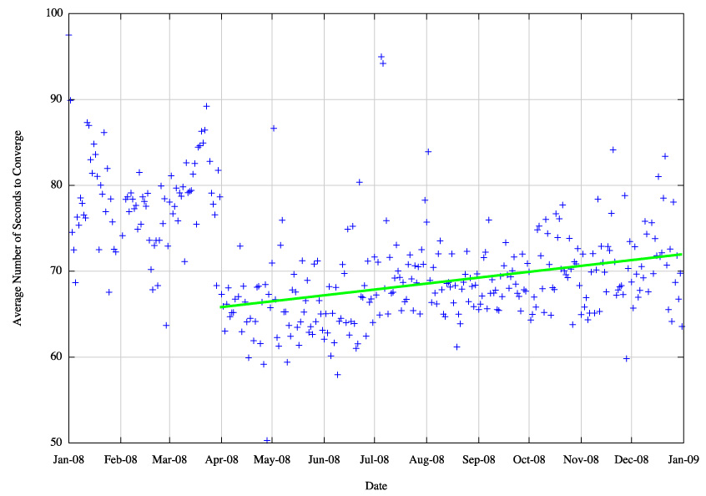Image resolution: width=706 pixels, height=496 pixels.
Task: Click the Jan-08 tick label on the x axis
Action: click(68, 458)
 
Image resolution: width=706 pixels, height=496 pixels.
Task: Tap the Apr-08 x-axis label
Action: click(221, 458)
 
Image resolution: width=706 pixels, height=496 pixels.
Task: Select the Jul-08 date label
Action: click(375, 458)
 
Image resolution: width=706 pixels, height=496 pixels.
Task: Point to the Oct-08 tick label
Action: click(529, 458)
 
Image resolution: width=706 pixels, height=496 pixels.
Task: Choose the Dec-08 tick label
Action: click(632, 458)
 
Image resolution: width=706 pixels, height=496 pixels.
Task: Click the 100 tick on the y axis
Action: click(53, 13)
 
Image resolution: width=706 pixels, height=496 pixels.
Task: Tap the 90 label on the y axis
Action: click(56, 99)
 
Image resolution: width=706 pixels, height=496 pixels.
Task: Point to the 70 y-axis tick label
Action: click(56, 271)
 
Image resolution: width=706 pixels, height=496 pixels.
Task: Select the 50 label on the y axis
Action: click(56, 443)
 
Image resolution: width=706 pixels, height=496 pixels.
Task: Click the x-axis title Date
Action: click(376, 485)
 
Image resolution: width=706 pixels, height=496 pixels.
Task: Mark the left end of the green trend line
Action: click(222, 307)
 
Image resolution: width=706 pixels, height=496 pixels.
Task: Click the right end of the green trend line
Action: click(683, 254)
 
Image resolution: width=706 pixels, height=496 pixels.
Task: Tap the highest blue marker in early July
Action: click(381, 57)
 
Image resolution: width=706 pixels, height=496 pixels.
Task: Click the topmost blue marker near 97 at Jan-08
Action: click(68, 35)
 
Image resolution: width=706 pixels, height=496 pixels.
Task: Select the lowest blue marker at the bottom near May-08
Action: click(267, 440)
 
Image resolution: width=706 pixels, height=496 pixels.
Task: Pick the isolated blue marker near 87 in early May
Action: click(273, 128)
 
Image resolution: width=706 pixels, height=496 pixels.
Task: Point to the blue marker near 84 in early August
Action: click(428, 151)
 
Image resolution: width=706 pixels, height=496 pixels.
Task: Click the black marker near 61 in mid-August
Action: click(457, 347)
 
